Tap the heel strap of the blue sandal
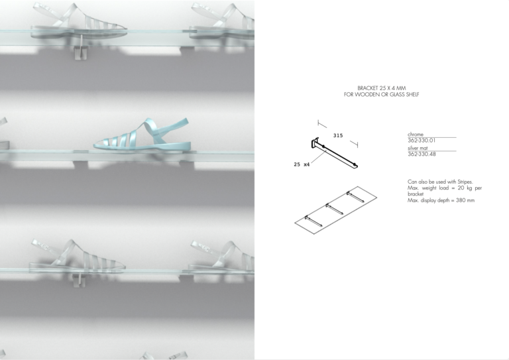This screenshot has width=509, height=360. coord(172,128)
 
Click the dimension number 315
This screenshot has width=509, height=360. coord(338,135)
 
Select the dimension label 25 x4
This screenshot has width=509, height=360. coord(302,164)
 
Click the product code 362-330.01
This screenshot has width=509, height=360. coord(422,141)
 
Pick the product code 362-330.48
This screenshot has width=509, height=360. coord(422,154)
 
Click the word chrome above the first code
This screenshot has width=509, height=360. coord(416,135)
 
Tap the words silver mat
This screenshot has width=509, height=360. coord(418,148)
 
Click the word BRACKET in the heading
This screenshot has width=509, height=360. coord(367,88)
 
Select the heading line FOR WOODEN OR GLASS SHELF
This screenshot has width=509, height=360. coord(382,94)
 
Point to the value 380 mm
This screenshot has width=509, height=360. coord(465,200)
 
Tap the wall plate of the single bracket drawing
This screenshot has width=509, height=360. coord(314,143)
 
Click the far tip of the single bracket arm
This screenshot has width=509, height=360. coord(357,166)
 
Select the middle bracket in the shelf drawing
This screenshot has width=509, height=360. coord(334,209)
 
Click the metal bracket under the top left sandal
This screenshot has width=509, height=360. coord(80,50)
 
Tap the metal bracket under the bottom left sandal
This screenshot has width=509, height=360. coord(78,280)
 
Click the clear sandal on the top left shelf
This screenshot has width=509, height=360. coord(79,21)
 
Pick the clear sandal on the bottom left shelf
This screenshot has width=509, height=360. coord(78,256)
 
